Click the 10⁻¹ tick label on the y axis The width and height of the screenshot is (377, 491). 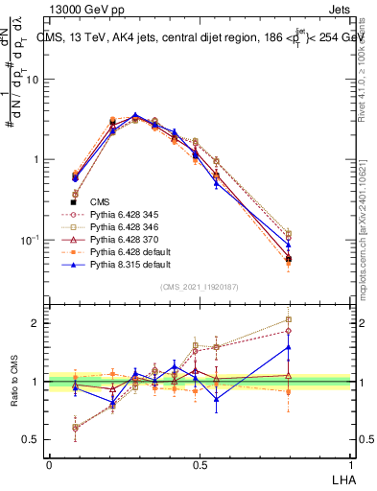coord(33,239)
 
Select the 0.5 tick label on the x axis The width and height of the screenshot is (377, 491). coord(199,463)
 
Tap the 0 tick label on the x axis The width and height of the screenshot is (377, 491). coord(49,463)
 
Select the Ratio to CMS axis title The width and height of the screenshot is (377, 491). coord(13,382)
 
